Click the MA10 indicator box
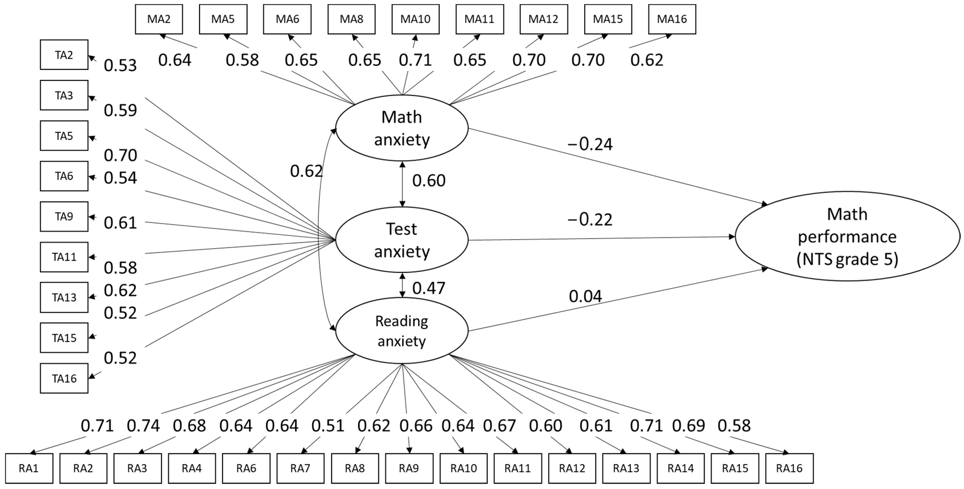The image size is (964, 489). click(x=415, y=19)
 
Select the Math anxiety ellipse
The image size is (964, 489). click(x=401, y=128)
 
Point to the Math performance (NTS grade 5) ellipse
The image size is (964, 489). click(x=847, y=236)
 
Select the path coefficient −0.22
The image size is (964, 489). click(x=590, y=220)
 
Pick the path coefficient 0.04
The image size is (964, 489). click(x=585, y=296)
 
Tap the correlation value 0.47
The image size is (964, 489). click(x=429, y=288)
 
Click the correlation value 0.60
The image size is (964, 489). click(x=429, y=181)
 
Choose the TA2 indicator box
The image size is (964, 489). click(x=64, y=55)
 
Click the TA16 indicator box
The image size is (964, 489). click(x=64, y=378)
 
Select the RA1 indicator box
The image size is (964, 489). click(x=29, y=468)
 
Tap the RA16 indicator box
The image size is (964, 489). click(x=789, y=468)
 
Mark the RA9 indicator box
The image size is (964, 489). click(x=409, y=468)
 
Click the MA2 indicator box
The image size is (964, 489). click(x=159, y=19)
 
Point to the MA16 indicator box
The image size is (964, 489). click(x=672, y=19)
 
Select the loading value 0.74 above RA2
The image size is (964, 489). click(x=143, y=426)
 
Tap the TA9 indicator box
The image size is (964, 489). click(x=64, y=216)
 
